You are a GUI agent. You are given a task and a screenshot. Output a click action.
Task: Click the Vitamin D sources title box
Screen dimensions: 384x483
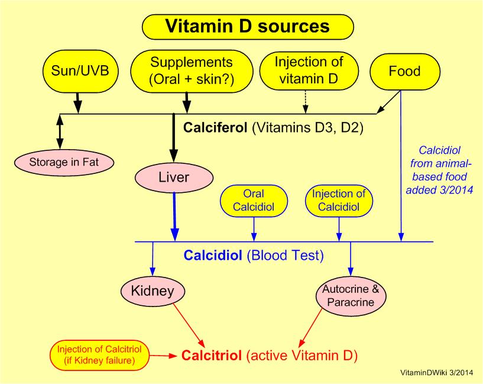tap(247, 27)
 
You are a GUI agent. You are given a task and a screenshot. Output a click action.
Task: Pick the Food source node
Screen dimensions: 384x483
tap(404, 72)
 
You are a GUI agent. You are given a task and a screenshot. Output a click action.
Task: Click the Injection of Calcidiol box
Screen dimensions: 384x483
tap(339, 199)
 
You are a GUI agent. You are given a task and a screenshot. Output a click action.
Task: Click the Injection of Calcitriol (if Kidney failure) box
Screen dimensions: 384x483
tap(99, 354)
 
